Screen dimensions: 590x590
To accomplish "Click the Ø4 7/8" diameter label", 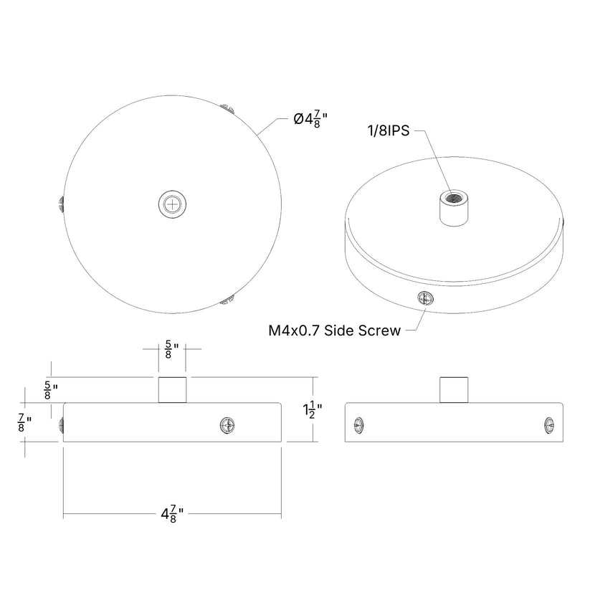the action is pos(310,120).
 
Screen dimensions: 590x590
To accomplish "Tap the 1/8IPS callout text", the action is pos(389,131).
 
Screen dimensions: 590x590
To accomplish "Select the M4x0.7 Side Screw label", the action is pos(335,330).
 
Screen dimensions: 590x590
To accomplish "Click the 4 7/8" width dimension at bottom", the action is pos(172,514).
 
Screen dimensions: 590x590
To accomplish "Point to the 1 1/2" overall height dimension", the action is pos(313,410).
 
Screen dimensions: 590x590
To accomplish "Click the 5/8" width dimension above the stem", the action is pos(171,350).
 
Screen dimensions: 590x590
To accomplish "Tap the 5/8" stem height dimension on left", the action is pos(51,391).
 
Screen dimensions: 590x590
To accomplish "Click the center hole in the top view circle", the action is pos(172,204).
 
